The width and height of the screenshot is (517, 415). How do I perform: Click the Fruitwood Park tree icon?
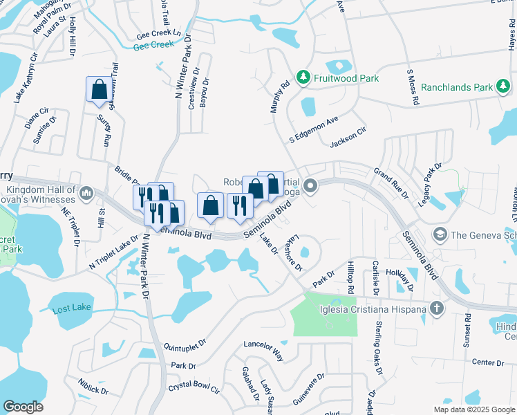tap(302, 78)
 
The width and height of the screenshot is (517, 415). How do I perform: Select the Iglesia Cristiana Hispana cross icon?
tap(436, 308)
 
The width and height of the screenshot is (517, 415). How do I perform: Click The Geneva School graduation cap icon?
tap(439, 234)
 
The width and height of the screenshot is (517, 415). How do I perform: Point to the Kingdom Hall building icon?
tap(86, 192)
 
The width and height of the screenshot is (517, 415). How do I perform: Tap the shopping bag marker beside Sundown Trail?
tap(99, 90)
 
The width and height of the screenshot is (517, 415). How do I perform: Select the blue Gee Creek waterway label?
tap(153, 45)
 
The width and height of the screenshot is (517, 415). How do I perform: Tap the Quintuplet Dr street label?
tap(185, 342)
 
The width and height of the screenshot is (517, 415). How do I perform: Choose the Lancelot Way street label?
tap(263, 351)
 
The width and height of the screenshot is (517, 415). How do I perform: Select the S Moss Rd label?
tap(413, 86)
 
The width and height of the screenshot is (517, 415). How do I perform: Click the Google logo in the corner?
tap(23, 407)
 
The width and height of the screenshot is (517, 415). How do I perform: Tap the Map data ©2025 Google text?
tap(473, 409)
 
